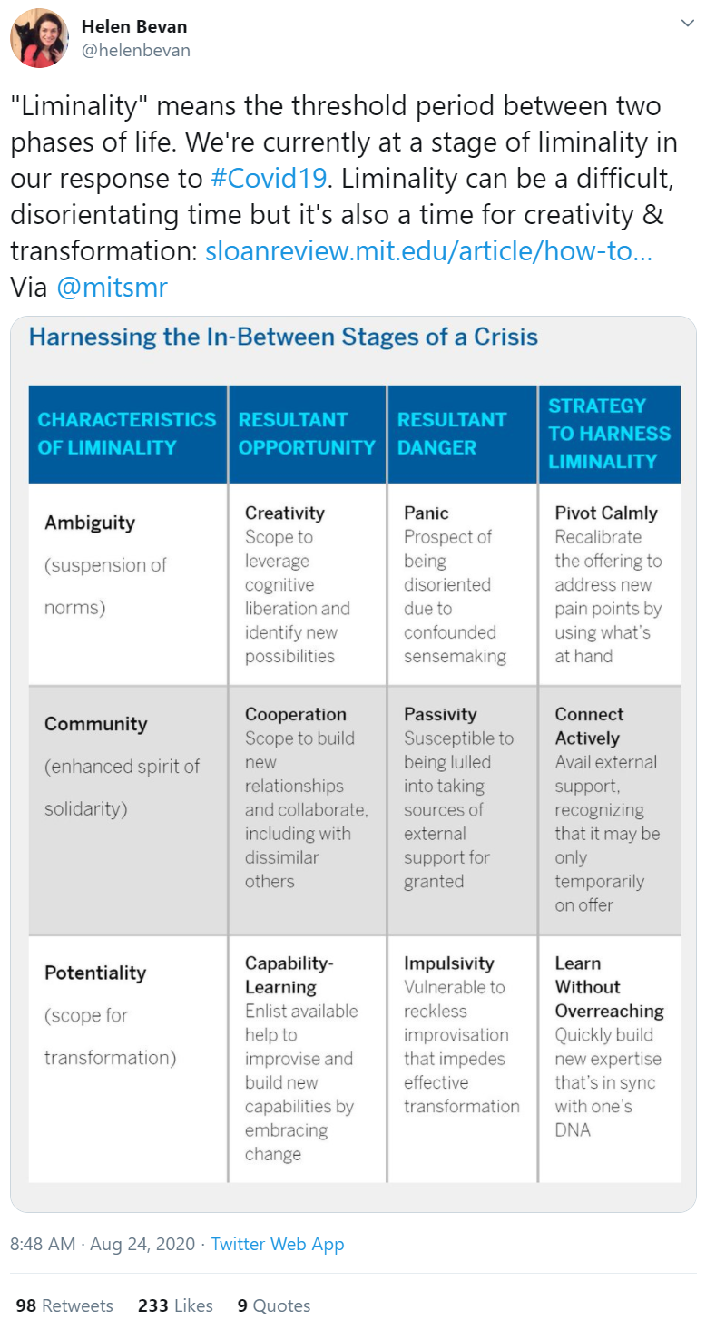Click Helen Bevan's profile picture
click(x=40, y=38)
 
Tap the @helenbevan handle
click(x=135, y=51)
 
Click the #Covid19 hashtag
click(x=269, y=178)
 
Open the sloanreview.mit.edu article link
click(x=428, y=251)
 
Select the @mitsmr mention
click(x=112, y=288)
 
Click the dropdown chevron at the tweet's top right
click(x=687, y=24)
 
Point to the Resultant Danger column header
click(x=452, y=434)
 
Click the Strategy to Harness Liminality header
click(x=609, y=434)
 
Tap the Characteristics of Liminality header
click(x=127, y=434)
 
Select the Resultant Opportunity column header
click(x=307, y=434)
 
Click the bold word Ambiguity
click(x=90, y=523)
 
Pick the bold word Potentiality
click(x=95, y=973)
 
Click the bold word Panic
click(x=427, y=513)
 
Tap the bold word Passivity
click(x=440, y=714)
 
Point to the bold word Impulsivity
click(x=449, y=963)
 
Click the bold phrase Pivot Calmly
click(x=606, y=513)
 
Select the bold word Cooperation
click(x=295, y=714)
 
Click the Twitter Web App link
click(x=278, y=1244)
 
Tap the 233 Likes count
click(x=175, y=1305)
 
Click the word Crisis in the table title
click(x=506, y=337)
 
